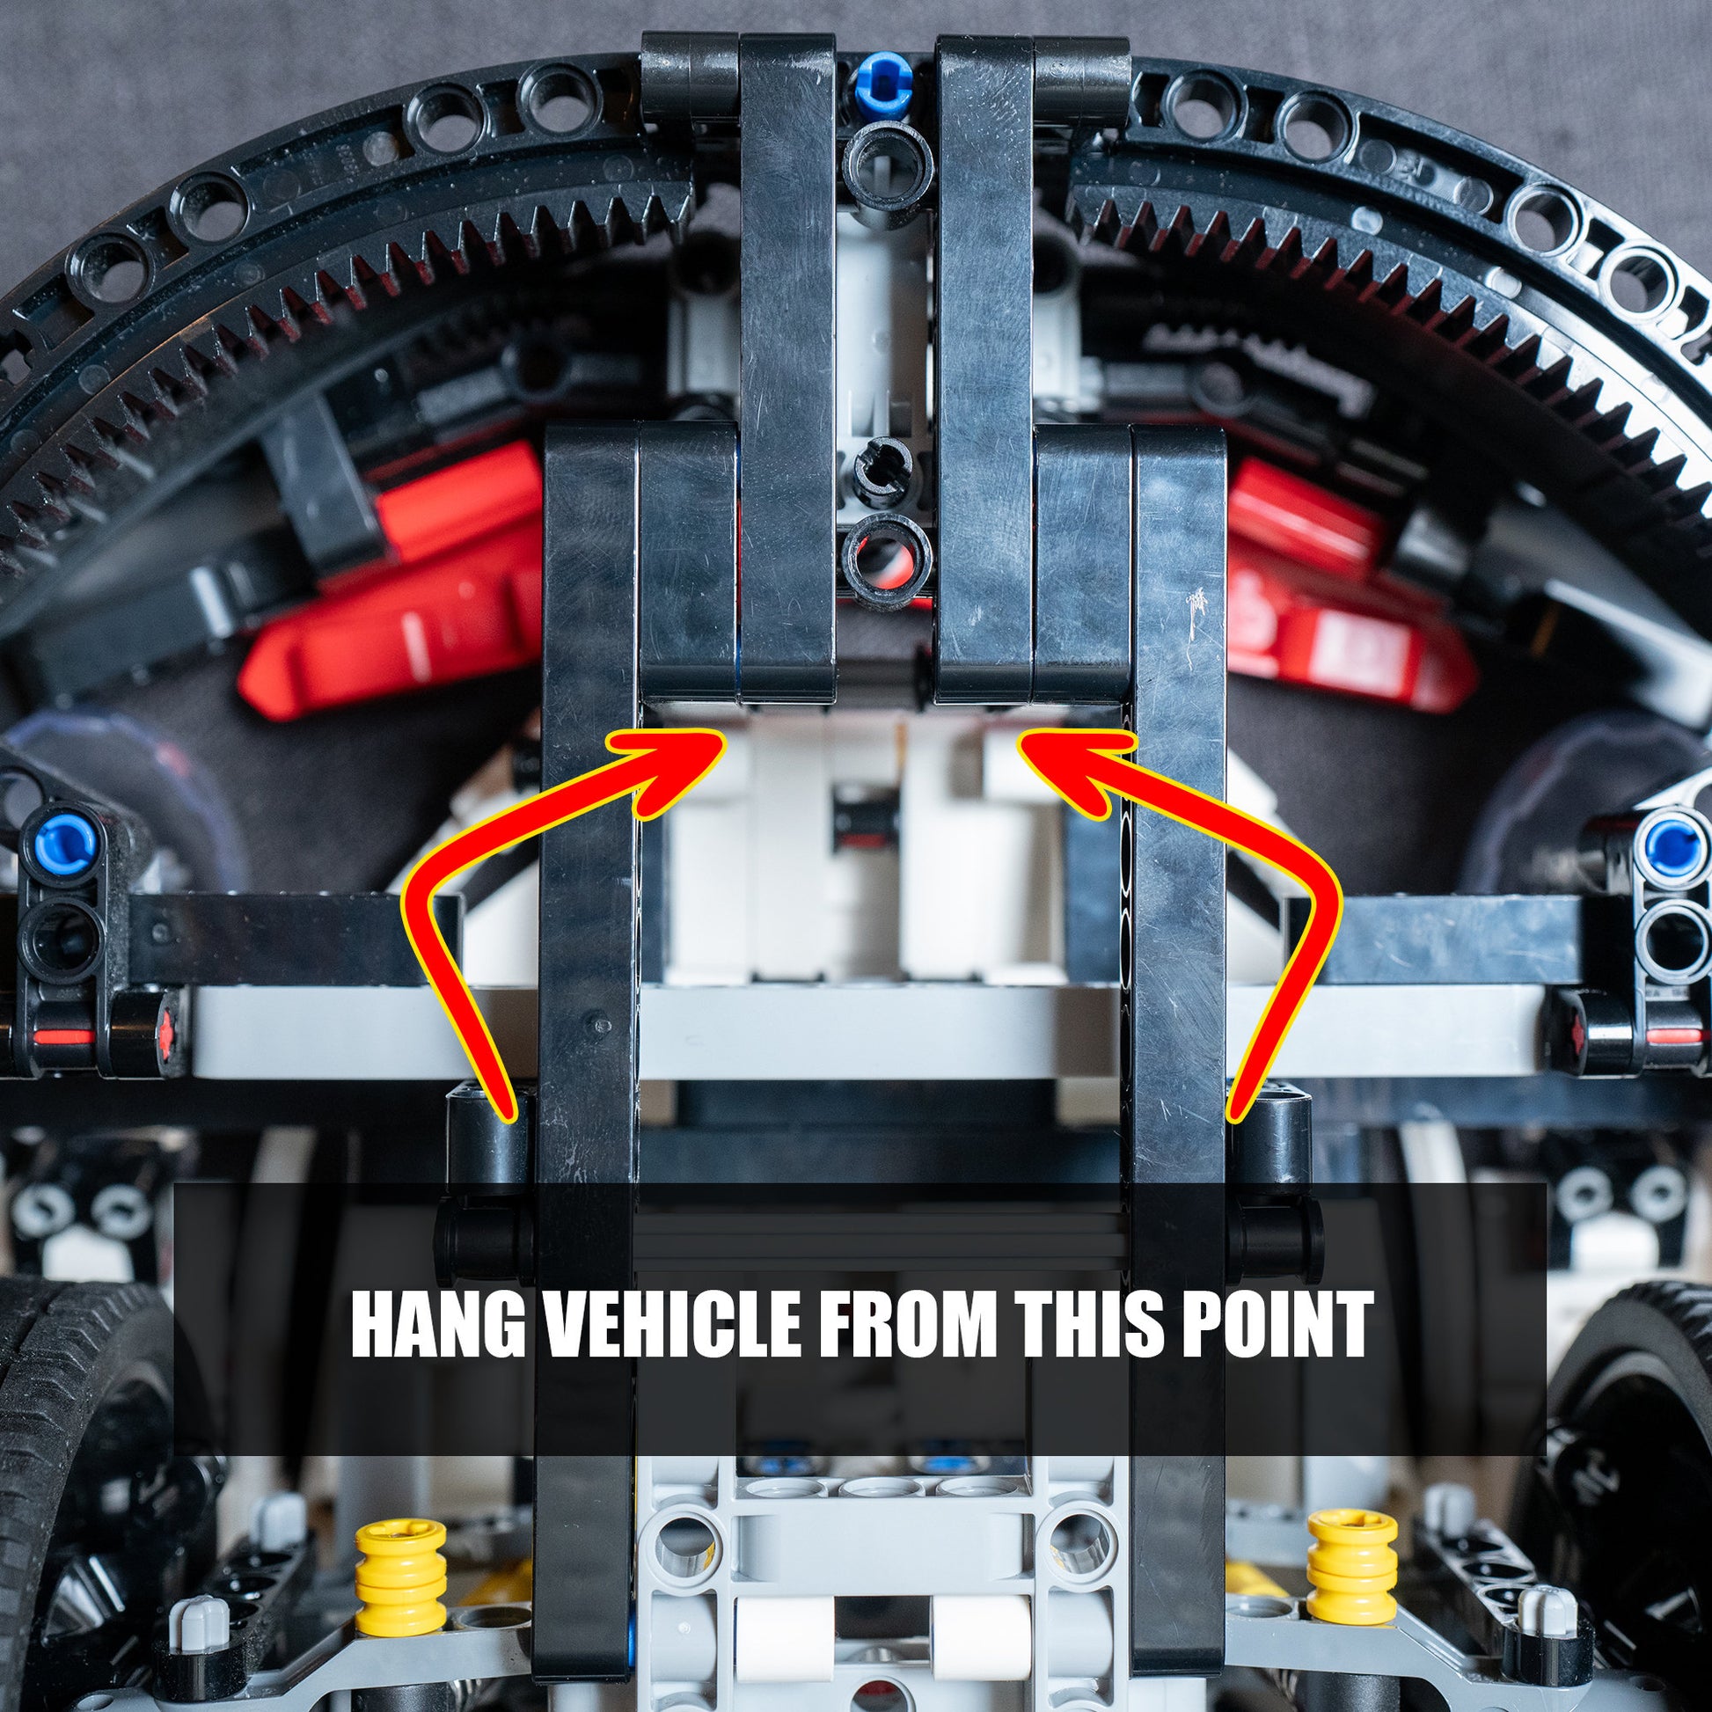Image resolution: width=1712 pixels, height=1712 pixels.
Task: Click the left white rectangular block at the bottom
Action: pos(783,1645)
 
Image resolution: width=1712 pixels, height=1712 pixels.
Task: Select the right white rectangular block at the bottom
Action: pos(979,1645)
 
